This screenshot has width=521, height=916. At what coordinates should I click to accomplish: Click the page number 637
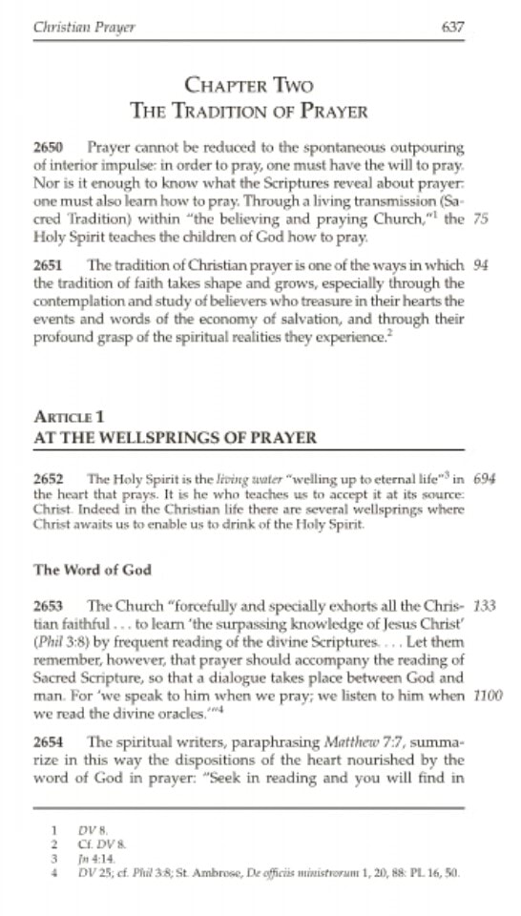453,27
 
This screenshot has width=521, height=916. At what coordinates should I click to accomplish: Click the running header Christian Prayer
84,27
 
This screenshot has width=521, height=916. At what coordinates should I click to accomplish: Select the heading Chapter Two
248,87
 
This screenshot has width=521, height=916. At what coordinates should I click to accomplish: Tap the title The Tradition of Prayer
248,111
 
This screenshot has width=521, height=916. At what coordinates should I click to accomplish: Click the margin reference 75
481,219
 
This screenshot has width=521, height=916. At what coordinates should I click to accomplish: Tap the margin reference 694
484,478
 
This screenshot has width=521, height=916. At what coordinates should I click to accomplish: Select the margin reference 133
484,605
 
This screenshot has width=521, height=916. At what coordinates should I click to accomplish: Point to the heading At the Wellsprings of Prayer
175,438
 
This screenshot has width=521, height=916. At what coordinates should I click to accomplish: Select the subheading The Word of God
92,570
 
